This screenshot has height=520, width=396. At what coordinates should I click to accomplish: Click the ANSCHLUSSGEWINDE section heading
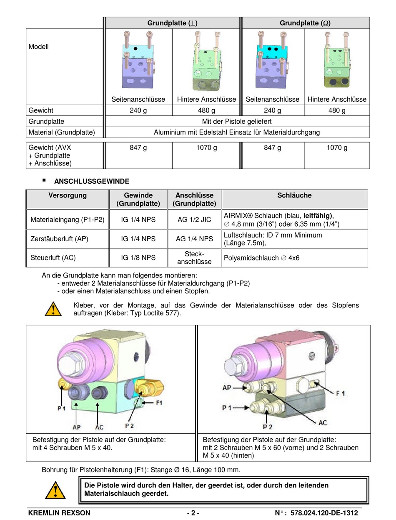point(92,181)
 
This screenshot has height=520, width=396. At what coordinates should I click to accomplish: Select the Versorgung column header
point(68,195)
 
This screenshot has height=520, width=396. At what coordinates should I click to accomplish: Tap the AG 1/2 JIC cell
point(194,220)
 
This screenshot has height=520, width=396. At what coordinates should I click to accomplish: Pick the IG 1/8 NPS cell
point(138,258)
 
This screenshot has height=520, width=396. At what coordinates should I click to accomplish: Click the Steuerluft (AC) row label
point(53,258)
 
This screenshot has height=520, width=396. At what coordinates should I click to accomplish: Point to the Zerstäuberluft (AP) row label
point(59,239)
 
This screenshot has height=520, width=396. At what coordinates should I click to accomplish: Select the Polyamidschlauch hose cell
point(261,258)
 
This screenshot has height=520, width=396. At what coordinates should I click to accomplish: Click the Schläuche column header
point(294,195)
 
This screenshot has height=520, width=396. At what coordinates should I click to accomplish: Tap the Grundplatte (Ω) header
point(305,23)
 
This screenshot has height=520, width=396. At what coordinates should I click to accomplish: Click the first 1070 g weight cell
point(206,148)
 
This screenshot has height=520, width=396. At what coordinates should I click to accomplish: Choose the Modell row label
point(39,47)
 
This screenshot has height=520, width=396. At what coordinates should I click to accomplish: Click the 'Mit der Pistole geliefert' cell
point(237,122)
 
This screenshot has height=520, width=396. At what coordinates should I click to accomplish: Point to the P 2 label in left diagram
point(130,425)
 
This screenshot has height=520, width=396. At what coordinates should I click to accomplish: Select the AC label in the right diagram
point(323,422)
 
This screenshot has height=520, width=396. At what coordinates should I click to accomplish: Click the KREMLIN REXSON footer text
point(59,513)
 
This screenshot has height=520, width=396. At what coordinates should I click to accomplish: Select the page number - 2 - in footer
point(193,513)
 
